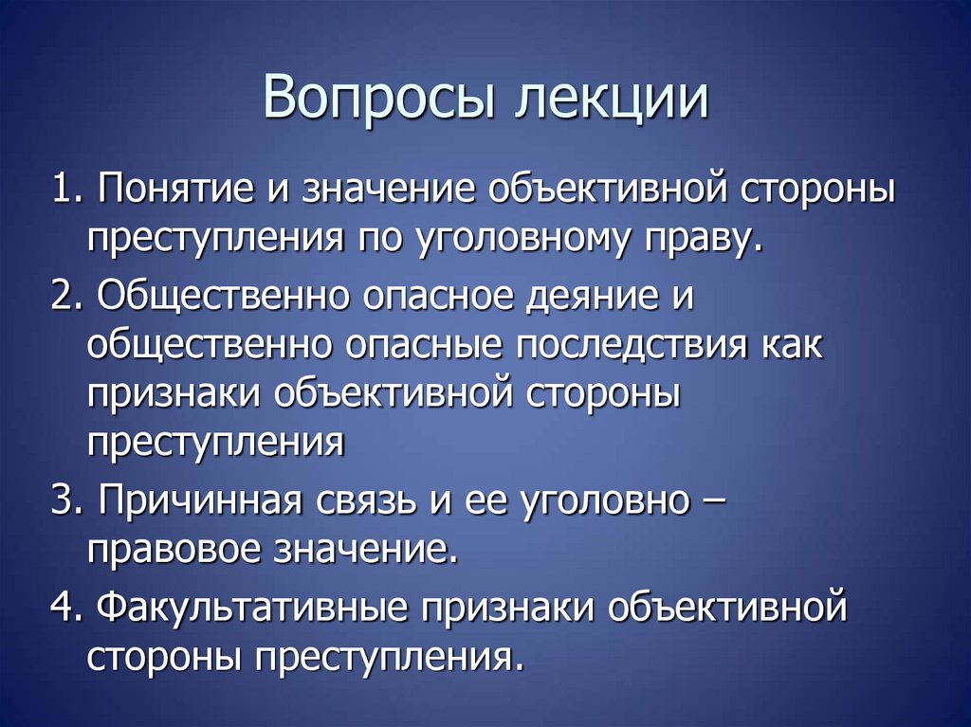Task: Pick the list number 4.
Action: [x=64, y=608]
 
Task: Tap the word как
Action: [x=791, y=346]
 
